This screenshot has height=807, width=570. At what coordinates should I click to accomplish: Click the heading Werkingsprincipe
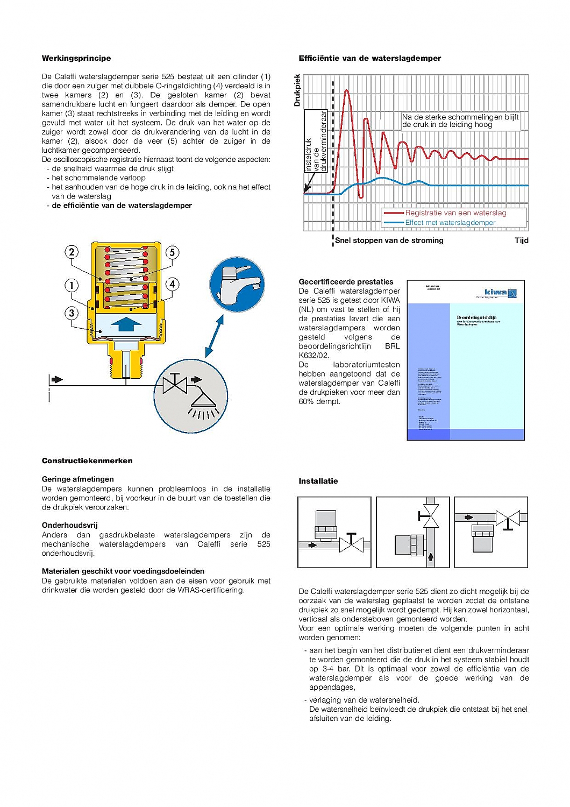76,58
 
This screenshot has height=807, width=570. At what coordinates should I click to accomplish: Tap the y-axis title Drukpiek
297,90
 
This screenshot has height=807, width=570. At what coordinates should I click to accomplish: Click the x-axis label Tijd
521,240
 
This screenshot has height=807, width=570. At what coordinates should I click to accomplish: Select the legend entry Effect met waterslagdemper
450,223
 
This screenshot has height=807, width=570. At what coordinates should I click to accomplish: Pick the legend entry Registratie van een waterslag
455,213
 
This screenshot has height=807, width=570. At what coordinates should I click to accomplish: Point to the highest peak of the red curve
347,91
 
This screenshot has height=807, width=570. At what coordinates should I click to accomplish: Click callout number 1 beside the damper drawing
72,285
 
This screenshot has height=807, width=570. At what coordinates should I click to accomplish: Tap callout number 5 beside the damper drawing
172,252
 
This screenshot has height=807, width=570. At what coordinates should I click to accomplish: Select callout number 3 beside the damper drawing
72,313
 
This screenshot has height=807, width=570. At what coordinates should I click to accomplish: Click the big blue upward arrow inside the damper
126,324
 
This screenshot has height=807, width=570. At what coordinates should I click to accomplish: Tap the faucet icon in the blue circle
237,284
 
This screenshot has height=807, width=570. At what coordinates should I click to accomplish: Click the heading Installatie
318,481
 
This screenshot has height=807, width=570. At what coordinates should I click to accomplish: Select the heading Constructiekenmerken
87,461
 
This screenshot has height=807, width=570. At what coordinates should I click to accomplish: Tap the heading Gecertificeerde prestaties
346,282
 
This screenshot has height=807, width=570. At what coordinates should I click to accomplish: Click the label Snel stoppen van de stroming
389,240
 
